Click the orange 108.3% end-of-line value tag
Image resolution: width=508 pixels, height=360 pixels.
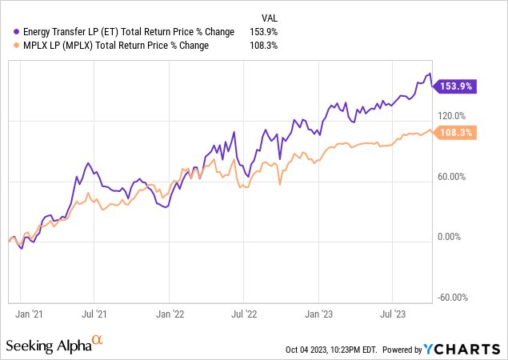[x=455, y=133]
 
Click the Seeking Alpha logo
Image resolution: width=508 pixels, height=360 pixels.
[x=54, y=346]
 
